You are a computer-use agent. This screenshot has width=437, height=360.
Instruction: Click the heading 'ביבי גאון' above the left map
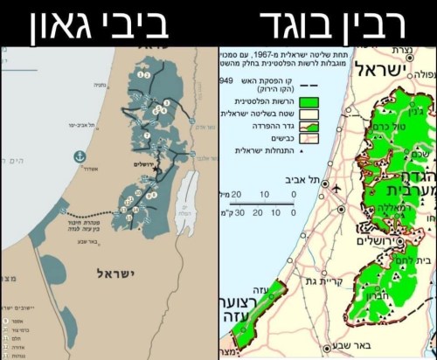(108, 23)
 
